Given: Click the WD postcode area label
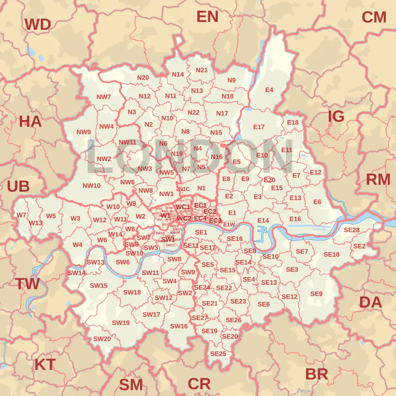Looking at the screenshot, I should [x=38, y=25].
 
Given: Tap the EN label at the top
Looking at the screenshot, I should [x=207, y=16].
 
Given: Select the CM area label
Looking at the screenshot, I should [x=374, y=17].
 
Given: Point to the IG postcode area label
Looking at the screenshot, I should [x=336, y=117].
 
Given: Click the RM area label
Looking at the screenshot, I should [x=378, y=179].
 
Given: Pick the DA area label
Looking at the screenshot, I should [x=370, y=302].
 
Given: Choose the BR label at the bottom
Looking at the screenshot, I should [x=316, y=374].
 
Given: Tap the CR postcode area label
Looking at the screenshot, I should [x=199, y=384].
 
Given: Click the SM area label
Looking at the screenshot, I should [x=131, y=384].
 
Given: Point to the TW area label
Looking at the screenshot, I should [x=27, y=284].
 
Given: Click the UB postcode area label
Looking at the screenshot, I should [x=18, y=186].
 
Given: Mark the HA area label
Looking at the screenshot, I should [x=30, y=121].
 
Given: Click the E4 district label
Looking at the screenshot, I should [x=269, y=90].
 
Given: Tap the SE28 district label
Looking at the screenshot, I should [x=351, y=230].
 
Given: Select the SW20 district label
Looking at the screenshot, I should [x=101, y=339].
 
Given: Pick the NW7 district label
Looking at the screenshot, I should [x=104, y=97].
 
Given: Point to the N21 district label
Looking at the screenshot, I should [x=202, y=70].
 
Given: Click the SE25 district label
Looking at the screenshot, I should [x=218, y=354].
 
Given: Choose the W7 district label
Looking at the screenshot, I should [x=21, y=215].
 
